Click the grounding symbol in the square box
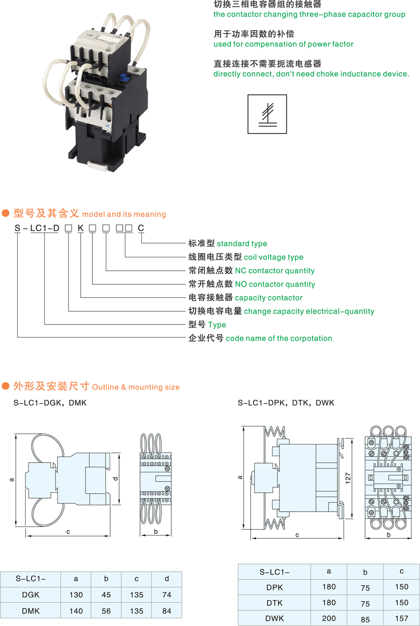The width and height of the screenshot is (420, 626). pos(267,114)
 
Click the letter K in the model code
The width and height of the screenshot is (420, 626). pos(81,228)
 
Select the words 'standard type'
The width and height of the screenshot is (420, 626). pos(242,244)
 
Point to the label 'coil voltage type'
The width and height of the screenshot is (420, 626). pos(273,257)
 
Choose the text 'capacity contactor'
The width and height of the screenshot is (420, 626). pos(268,298)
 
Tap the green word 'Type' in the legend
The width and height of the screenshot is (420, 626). pos(217,325)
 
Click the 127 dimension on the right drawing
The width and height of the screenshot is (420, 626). pos(348,478)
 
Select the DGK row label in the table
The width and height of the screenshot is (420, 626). pos(31,595)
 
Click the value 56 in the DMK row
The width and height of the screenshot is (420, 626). pos(106,611)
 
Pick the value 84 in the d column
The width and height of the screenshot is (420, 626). pos(167,611)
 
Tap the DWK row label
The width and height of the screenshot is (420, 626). pos(274,619)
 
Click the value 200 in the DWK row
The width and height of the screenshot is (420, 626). pos(329,619)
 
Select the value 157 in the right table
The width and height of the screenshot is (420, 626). pos(401,619)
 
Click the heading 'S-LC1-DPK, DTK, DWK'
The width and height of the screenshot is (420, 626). pos(286,403)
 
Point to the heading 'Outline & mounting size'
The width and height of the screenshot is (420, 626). pos(136,387)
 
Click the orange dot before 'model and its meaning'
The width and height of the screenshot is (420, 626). pos(6,213)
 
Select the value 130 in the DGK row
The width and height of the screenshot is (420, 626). pos(76,595)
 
